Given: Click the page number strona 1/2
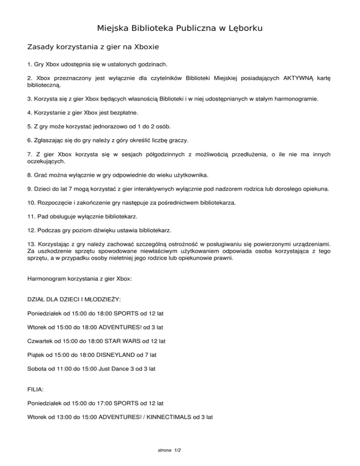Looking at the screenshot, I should point(170,450).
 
